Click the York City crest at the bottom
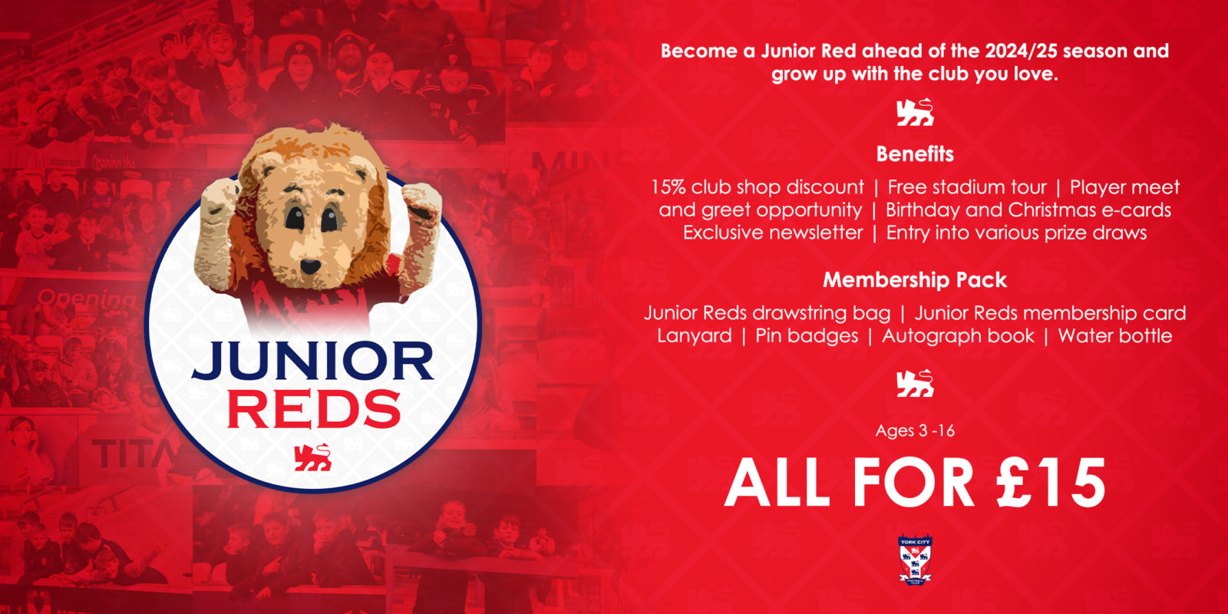(915, 561)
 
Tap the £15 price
(1051, 484)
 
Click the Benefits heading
(915, 154)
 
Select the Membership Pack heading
(915, 280)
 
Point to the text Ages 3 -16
(915, 431)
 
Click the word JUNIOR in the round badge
(313, 361)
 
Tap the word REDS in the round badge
(314, 410)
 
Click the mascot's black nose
(310, 266)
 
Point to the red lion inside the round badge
(312, 457)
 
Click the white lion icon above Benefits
(915, 113)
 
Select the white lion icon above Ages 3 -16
(915, 383)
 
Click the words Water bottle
(1114, 336)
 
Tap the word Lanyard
(695, 336)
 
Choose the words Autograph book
(958, 336)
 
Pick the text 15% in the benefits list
(668, 187)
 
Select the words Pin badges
(807, 336)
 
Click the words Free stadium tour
(967, 187)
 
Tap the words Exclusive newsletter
(773, 233)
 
